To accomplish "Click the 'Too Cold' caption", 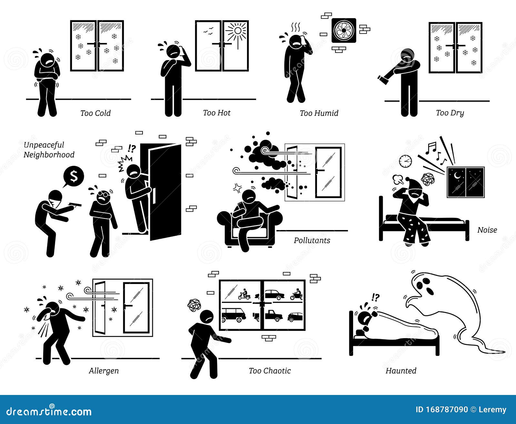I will tap(95, 113).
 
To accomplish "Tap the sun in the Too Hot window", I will tap(237, 31).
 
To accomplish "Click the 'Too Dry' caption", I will tap(450, 113).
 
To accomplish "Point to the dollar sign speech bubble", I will tap(74, 176).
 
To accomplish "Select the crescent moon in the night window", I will tap(458, 176).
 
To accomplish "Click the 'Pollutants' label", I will tap(312, 240).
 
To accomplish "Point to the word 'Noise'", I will tap(487, 230).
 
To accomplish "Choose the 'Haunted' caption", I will tap(401, 371).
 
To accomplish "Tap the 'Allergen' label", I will tap(104, 371).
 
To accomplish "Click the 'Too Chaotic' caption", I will tap(270, 371).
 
